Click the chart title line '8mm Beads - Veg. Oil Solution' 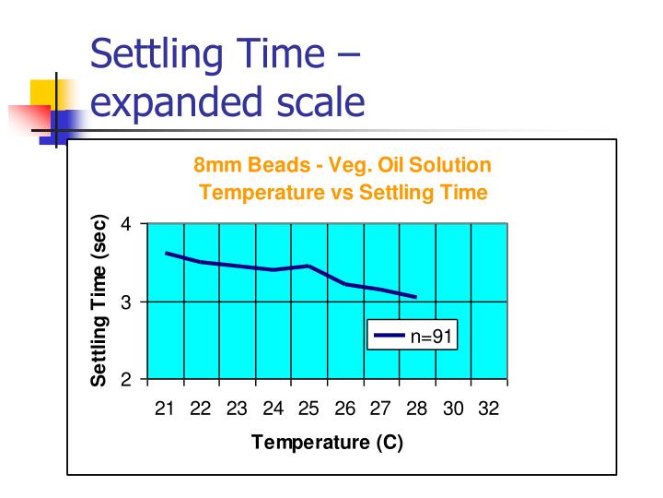(342, 166)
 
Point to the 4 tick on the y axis (128, 224)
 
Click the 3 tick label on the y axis (128, 302)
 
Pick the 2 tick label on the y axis (128, 379)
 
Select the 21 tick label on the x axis (165, 409)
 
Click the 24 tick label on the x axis (273, 409)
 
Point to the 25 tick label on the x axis (308, 409)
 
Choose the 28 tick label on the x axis (416, 409)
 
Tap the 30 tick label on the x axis (452, 409)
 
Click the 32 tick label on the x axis (488, 409)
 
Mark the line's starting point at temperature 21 (166, 253)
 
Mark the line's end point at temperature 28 (417, 297)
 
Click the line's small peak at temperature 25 (308, 266)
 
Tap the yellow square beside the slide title (48, 96)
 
